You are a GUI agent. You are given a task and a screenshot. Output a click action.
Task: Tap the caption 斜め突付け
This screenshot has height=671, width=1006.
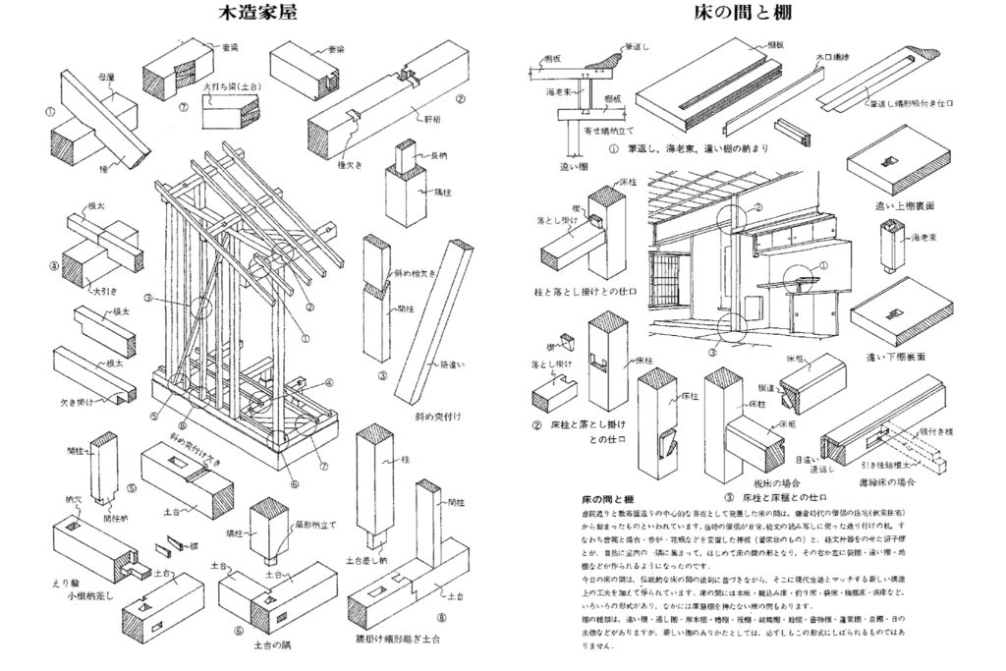tap(439, 416)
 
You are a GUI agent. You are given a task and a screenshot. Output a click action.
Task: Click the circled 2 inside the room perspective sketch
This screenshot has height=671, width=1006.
tap(757, 207)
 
